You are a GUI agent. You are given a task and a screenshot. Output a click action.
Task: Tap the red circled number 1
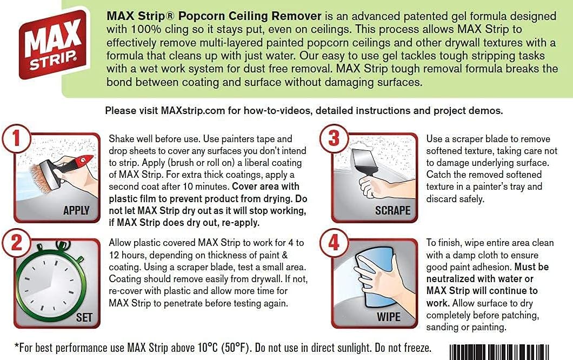pyautogui.click(x=16, y=139)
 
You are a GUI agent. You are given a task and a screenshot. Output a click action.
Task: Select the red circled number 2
pyautogui.click(x=16, y=243)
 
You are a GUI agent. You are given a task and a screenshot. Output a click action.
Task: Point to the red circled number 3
pyautogui.click(x=334, y=139)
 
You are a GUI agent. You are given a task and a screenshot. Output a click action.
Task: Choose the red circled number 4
pyautogui.click(x=334, y=243)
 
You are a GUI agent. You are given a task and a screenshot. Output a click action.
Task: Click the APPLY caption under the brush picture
pyautogui.click(x=76, y=211)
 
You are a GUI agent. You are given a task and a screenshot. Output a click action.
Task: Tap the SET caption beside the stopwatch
pyautogui.click(x=84, y=317)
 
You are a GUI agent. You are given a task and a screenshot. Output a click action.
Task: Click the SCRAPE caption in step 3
pyautogui.click(x=393, y=211)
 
